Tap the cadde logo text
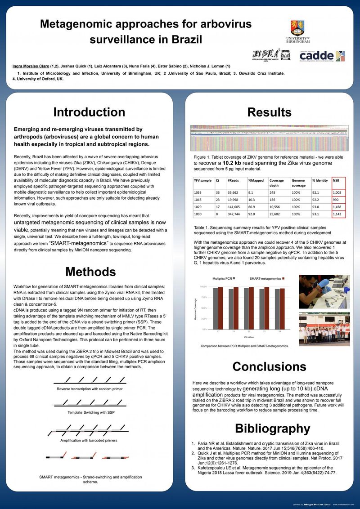[310, 56]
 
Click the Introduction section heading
[89, 112]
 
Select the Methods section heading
[90, 272]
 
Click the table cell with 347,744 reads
[235, 214]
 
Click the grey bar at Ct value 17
[215, 308]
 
